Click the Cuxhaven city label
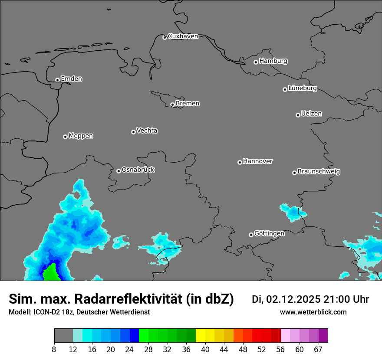(183, 36)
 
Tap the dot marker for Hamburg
(256, 62)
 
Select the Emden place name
(71, 79)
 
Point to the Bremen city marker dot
(172, 105)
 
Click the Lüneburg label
(302, 88)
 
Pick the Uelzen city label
(311, 114)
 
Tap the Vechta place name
(147, 131)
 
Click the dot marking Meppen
(65, 137)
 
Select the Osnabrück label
(138, 170)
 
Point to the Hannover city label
(257, 161)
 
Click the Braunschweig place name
(319, 172)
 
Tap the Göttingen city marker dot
(251, 235)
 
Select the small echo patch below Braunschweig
(293, 212)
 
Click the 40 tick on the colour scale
(205, 350)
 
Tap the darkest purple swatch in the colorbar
(323, 336)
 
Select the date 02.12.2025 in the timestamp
(293, 299)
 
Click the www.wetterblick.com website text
(313, 312)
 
